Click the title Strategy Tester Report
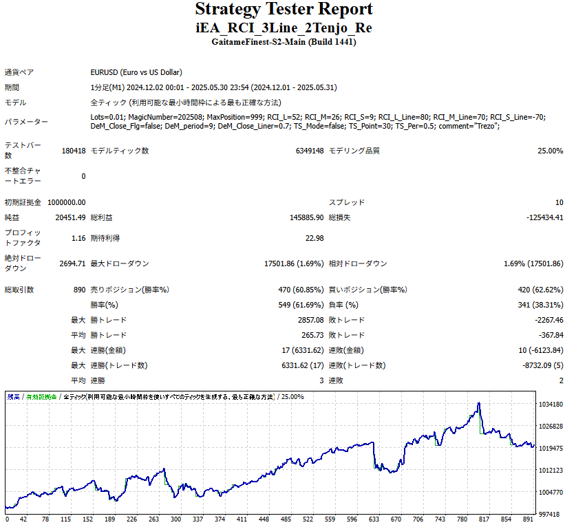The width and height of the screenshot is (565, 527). point(284,10)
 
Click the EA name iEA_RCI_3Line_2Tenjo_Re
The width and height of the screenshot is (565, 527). point(284,28)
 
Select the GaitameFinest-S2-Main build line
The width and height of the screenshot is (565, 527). point(284,42)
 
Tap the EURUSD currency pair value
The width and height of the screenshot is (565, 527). point(136,72)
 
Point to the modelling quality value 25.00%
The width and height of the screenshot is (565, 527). point(550,151)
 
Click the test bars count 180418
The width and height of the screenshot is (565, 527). point(74,151)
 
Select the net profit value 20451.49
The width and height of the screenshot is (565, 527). point(71,217)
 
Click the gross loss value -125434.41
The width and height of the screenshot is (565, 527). point(544,217)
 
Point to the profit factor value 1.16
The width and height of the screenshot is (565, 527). point(78,238)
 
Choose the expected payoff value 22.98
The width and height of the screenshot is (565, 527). point(315,238)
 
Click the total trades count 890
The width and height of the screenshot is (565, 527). point(79,290)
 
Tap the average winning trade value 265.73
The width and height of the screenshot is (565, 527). point(312,335)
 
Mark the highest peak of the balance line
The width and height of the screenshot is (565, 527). point(478,403)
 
